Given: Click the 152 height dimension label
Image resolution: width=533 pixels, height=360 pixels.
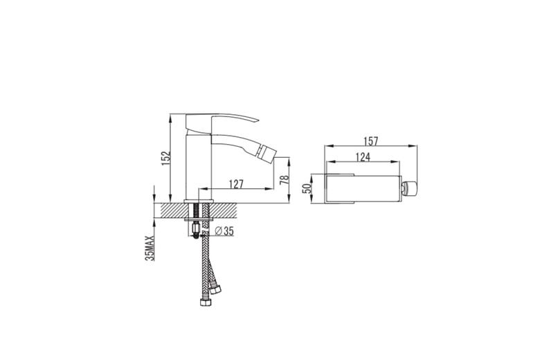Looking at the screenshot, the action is point(166,159).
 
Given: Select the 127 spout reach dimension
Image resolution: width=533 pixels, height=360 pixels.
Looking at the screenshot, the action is point(236,184).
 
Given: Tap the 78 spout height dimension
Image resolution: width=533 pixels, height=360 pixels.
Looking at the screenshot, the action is point(284,179).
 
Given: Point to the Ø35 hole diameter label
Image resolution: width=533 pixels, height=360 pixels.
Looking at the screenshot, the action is point(224,231).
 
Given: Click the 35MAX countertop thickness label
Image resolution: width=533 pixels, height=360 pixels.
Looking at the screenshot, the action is point(150,248).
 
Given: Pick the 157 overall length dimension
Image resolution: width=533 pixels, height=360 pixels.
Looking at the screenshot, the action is point(370,141).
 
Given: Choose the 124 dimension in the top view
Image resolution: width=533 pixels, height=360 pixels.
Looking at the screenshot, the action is point(363,157).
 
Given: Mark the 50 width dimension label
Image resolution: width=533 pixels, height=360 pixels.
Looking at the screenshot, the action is point(307,188).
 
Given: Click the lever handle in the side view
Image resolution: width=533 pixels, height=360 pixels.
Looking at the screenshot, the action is point(221,123).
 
